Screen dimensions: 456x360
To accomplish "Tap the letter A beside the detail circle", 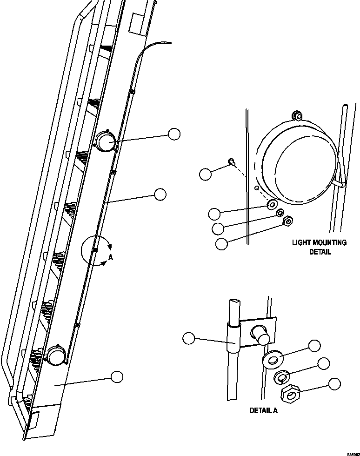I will pyautogui.click(x=110, y=256).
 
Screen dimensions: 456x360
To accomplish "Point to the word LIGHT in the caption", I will pyautogui.click(x=300, y=242).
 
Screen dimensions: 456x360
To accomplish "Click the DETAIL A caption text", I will pyautogui.click(x=264, y=410).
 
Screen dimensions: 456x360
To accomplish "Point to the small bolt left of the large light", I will pyautogui.click(x=231, y=161).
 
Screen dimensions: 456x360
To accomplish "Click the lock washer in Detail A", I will pyautogui.click(x=281, y=376).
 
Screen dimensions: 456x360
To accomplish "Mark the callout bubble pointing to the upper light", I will pyautogui.click(x=174, y=134).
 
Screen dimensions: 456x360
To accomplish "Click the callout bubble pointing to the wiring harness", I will pyautogui.click(x=160, y=194).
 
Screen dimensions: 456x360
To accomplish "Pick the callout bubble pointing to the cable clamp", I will pyautogui.click(x=188, y=338).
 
